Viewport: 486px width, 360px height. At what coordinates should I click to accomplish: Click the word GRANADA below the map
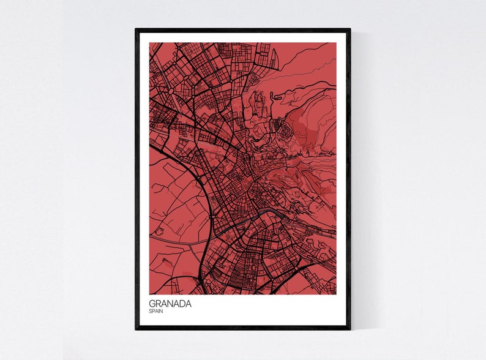coord(170,304)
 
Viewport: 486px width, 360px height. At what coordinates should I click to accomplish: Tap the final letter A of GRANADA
coord(188,304)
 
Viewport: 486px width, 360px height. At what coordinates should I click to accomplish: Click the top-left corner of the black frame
coord(136,29)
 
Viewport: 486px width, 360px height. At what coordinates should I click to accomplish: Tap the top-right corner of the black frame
coord(350,29)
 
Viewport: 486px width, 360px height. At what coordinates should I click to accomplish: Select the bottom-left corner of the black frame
coord(136,329)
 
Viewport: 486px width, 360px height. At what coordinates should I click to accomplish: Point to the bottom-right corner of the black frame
coord(350,329)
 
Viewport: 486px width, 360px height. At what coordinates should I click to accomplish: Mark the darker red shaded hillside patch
coord(306,129)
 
